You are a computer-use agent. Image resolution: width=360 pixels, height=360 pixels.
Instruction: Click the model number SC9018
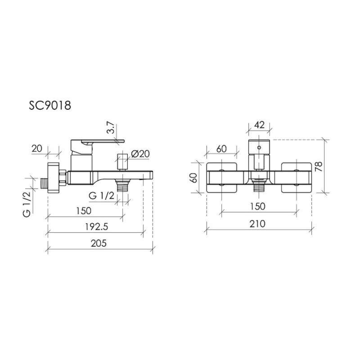tap(50, 106)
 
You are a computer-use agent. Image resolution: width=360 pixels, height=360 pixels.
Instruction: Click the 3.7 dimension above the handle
tap(111, 128)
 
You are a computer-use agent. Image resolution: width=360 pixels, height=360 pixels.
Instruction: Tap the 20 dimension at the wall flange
tap(37, 148)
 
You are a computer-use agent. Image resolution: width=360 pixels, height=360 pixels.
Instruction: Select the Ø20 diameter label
tap(140, 153)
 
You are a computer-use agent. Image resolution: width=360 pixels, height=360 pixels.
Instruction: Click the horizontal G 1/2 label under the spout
tap(101, 196)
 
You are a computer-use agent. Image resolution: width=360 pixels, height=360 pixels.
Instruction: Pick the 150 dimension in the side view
tap(84, 211)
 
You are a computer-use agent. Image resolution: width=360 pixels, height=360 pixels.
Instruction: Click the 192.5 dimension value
tap(96, 227)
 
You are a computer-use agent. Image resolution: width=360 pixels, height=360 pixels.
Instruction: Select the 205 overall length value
tap(99, 243)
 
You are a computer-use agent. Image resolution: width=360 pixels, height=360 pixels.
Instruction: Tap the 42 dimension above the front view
tap(260, 125)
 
